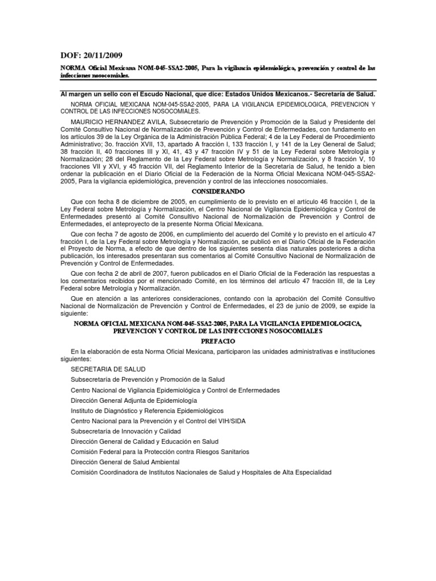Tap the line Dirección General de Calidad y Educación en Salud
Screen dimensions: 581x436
[144, 441]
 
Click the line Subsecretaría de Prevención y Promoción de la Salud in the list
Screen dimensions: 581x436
[148, 380]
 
